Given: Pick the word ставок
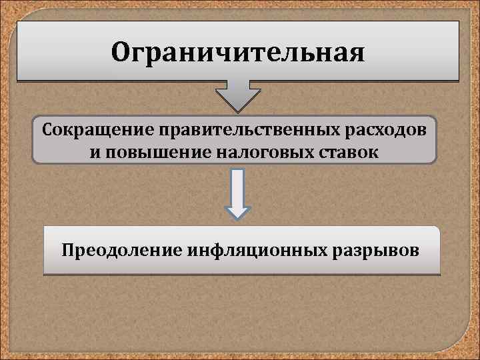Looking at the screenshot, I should coord(345,153).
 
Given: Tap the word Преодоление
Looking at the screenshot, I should coord(115,251).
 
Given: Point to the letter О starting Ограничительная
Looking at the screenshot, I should coord(121,51).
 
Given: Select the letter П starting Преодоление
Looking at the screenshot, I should coord(67,251).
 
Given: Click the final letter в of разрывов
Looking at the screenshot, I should coord(416,251).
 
